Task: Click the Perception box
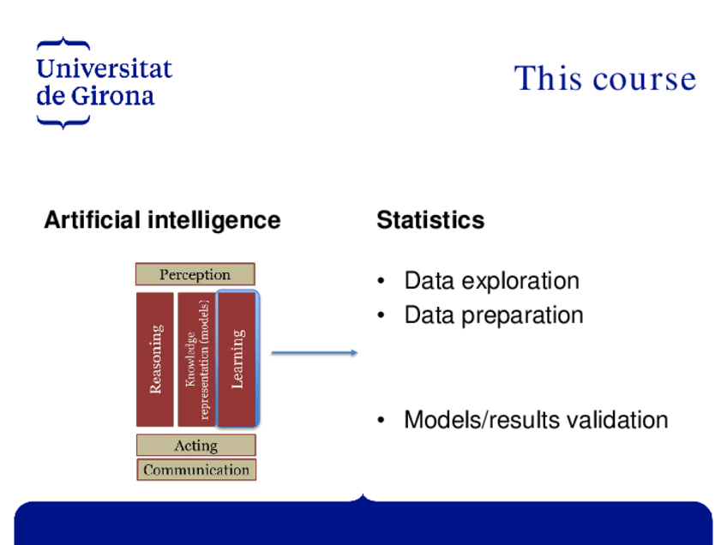195,274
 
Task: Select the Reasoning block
155,359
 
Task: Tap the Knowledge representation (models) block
196,359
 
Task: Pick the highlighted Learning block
237,358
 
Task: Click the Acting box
195,446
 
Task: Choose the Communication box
196,470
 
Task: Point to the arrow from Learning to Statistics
314,352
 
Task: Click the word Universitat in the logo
104,69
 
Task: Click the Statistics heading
430,220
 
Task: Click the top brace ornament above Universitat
63,42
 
